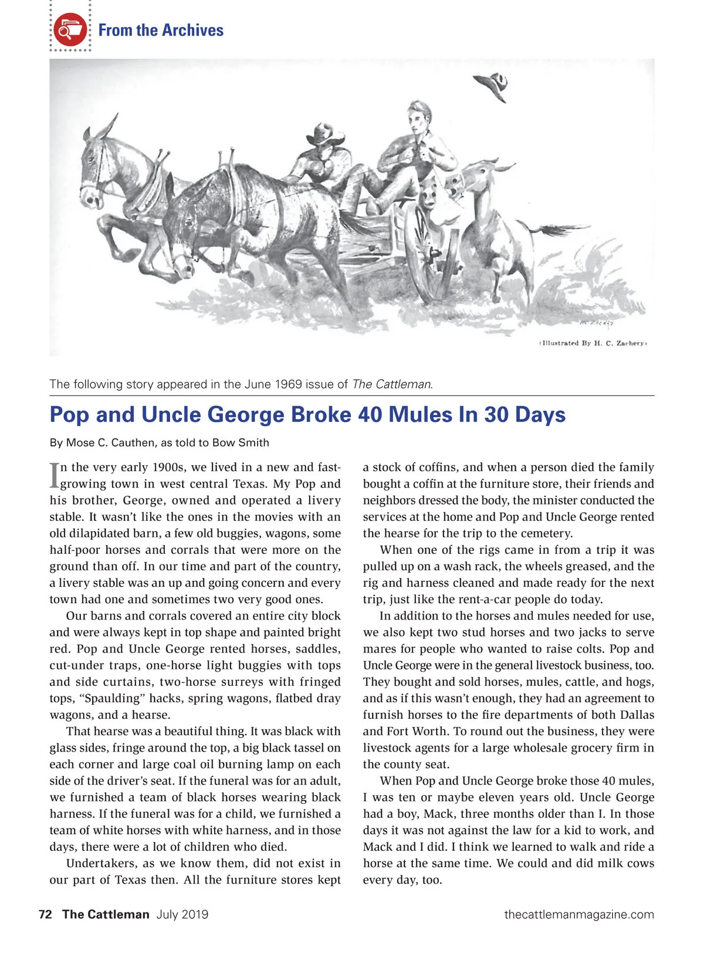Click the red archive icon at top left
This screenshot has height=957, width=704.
click(70, 29)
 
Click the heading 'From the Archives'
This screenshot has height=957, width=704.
click(161, 30)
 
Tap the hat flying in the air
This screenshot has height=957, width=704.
click(495, 85)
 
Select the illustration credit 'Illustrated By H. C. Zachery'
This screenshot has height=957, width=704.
click(593, 343)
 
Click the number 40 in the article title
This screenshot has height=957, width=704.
click(370, 414)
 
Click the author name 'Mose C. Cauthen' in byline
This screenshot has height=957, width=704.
click(111, 443)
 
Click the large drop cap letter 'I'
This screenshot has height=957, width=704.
click(55, 476)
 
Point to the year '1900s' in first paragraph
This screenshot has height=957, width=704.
click(169, 468)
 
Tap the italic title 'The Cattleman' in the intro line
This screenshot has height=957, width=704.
click(392, 384)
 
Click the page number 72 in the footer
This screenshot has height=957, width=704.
click(45, 914)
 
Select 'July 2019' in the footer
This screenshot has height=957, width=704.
click(182, 914)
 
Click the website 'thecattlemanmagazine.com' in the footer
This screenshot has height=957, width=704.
click(579, 914)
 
